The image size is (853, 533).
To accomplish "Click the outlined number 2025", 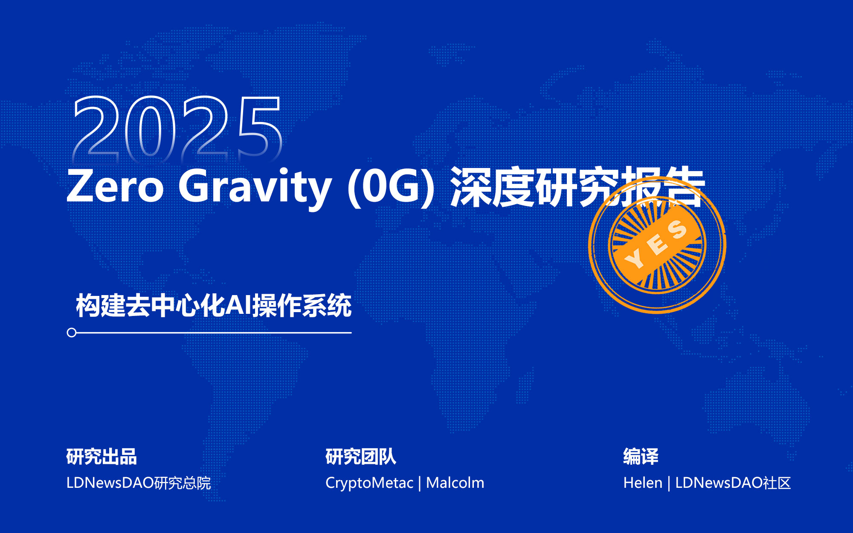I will click(177, 128).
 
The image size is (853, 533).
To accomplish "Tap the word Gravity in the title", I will click(255, 188).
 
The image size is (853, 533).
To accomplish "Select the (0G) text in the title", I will click(391, 188).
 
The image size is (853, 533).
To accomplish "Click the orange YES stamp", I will click(657, 245).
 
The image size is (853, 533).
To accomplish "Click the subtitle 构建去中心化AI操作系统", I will click(213, 306).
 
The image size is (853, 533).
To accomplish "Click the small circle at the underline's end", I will click(72, 333).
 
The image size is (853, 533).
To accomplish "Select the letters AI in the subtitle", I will click(238, 306).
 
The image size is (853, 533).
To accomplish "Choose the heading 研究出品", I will click(102, 457).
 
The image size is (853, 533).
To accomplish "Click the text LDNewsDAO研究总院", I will click(139, 483).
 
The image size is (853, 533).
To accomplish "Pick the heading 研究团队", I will click(361, 457).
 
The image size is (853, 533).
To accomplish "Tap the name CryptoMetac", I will click(369, 483).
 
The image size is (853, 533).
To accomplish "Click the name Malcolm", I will click(455, 483).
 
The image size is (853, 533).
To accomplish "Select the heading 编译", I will click(641, 457).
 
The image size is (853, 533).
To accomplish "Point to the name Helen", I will click(643, 483).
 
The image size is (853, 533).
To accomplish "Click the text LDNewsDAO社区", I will click(733, 483).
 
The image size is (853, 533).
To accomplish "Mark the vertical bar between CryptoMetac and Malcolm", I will click(420, 484).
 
